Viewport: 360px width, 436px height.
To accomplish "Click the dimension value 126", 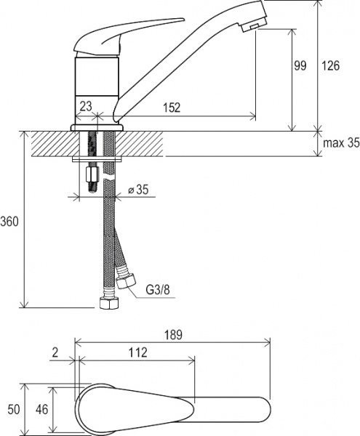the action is tap(330, 66).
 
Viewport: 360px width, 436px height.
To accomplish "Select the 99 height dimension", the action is tap(300, 65).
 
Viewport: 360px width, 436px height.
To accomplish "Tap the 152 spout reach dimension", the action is tap(172, 108).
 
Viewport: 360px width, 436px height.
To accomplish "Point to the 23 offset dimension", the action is tap(86, 106).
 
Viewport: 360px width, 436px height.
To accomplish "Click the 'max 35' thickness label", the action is tap(341, 143).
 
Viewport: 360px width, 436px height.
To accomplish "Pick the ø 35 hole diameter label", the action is tap(138, 190).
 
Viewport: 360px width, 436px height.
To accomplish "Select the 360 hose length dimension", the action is tap(9, 222).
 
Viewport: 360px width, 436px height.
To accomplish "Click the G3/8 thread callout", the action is tap(158, 290).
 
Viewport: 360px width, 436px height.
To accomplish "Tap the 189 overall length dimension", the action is tap(173, 335).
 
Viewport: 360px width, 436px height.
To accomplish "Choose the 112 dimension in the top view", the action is tap(137, 352).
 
